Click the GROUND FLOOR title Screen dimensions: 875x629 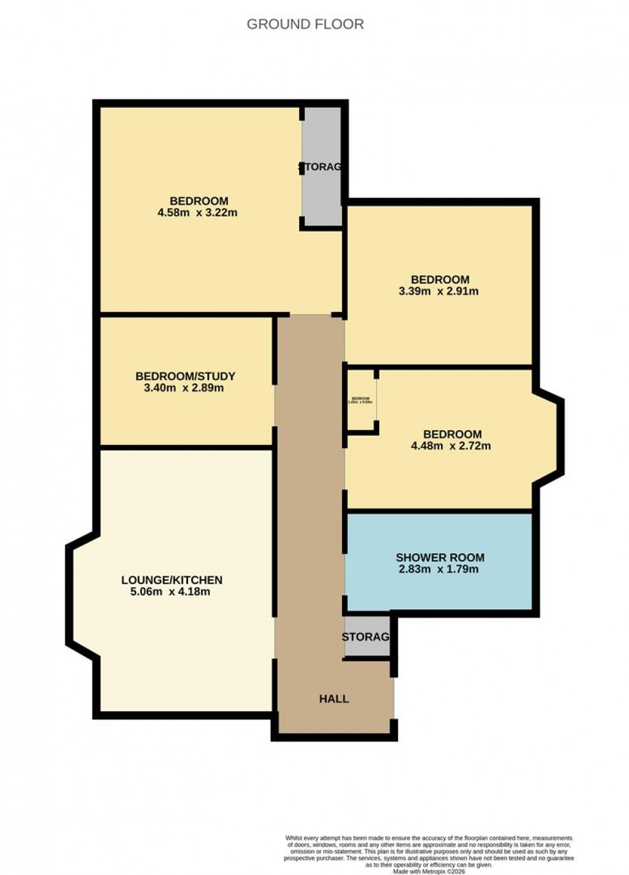point(305,24)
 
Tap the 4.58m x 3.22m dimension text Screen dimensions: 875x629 point(198,212)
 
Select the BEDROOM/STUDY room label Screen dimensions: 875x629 point(185,376)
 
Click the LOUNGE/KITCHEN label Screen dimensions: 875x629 point(171,580)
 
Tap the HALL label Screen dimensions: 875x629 point(334,698)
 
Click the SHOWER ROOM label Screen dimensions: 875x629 point(440,557)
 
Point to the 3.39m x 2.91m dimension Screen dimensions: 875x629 point(439,291)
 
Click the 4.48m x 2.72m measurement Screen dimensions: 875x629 point(451,446)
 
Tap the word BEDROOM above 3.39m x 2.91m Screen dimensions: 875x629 point(440,279)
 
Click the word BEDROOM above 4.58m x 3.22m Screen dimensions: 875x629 point(199,201)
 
